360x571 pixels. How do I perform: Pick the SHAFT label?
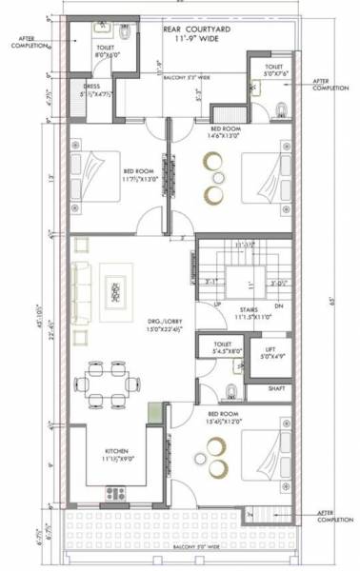pyautogui.click(x=276, y=387)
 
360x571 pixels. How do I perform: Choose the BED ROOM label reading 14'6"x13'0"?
pyautogui.click(x=227, y=132)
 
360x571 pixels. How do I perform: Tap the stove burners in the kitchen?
pyautogui.click(x=117, y=492)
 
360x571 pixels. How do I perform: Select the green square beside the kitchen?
pyautogui.click(x=153, y=414)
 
